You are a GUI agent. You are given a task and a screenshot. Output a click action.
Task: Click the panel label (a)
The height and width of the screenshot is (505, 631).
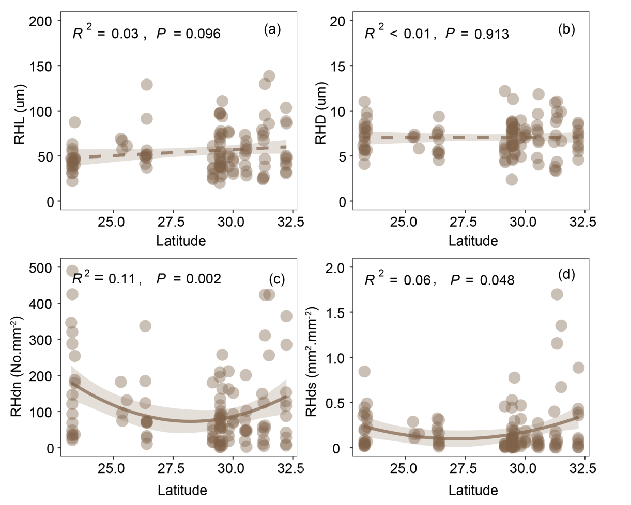point(272,29)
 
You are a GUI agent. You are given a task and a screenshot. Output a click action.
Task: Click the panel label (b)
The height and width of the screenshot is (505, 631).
point(566,29)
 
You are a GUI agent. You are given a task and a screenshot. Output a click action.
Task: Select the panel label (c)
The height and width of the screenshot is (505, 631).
point(276,279)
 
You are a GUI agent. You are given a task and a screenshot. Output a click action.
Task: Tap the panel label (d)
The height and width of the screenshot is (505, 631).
point(566,275)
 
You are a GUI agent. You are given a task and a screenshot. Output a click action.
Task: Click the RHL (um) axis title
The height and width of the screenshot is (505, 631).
point(19,116)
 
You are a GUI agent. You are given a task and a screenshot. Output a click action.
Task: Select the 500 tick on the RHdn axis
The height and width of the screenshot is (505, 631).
point(43,267)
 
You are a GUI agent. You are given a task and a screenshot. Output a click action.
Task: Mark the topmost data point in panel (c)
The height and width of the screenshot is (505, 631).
point(72,271)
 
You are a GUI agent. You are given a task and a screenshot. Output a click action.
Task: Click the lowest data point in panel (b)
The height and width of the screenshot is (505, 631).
point(512,180)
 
